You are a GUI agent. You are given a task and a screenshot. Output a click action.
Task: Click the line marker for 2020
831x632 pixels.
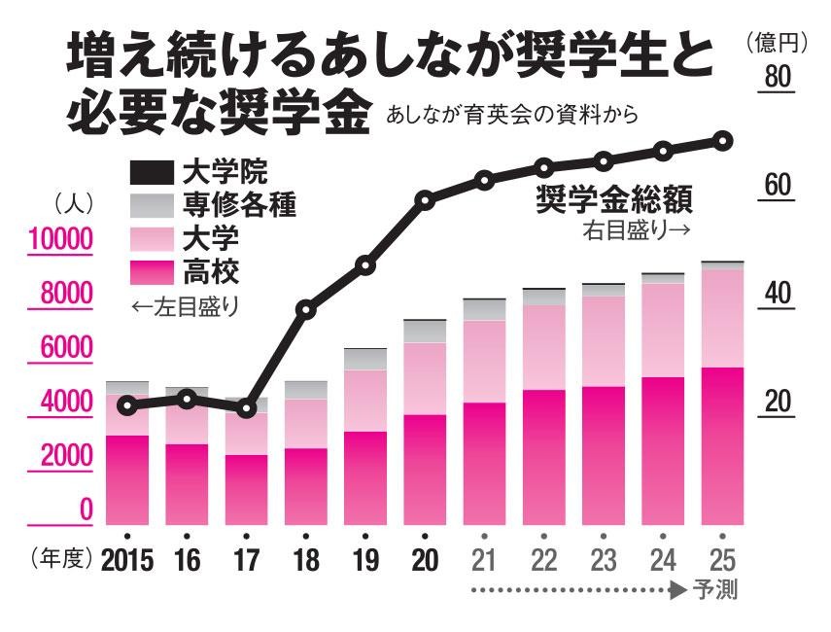pyautogui.click(x=425, y=201)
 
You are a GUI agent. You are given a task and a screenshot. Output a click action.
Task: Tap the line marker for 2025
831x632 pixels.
pyautogui.click(x=723, y=141)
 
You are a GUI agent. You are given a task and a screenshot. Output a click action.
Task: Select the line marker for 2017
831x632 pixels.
pyautogui.click(x=246, y=406)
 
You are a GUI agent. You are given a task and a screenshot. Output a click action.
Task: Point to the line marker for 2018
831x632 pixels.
pyautogui.click(x=306, y=310)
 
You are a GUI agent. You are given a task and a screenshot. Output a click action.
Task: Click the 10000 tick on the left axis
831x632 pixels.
pyautogui.click(x=59, y=239)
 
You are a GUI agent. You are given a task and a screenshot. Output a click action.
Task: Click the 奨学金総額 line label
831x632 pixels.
pyautogui.click(x=614, y=201)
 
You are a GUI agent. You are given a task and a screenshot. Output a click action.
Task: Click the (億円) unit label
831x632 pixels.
pyautogui.click(x=778, y=42)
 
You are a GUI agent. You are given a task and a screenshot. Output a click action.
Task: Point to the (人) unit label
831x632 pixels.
pyautogui.click(x=72, y=204)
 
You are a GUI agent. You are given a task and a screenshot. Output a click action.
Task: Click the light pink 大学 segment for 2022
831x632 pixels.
pyautogui.click(x=544, y=347)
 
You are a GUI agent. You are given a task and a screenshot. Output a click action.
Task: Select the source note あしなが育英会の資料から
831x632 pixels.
pyautogui.click(x=512, y=115)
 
